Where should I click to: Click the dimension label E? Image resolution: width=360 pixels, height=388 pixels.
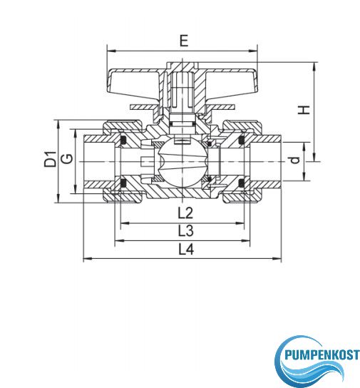tap(184, 41)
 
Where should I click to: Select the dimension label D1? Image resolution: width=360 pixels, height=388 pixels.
tap(51, 159)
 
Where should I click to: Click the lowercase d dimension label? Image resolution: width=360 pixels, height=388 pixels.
tap(295, 160)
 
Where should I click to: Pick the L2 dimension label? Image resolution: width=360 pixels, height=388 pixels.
tap(185, 213)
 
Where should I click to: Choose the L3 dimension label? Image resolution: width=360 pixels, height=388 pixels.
tap(186, 231)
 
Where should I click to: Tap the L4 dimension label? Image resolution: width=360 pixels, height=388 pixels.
tap(186, 249)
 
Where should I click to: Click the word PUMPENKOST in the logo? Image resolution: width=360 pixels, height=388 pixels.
tap(322, 355)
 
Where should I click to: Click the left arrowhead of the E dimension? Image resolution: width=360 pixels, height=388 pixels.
tap(111, 51)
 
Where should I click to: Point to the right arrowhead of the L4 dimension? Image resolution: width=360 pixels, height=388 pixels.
tap(277, 259)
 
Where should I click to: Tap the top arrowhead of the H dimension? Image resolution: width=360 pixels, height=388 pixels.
tap(314, 66)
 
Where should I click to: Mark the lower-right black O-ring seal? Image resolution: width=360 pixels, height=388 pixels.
tap(242, 183)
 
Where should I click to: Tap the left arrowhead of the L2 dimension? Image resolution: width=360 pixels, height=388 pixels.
tap(125, 223)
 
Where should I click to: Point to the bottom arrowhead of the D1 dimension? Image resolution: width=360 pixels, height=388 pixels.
tap(58, 198)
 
